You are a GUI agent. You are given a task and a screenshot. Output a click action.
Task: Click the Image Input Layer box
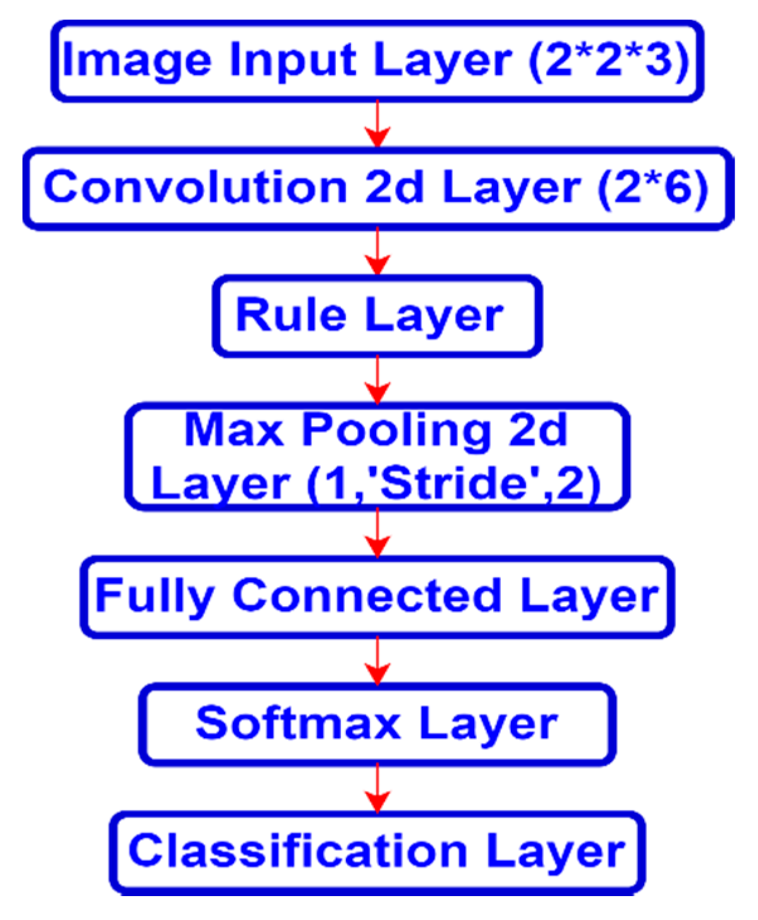click(x=377, y=61)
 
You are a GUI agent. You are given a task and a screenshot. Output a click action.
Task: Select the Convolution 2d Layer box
click(x=378, y=188)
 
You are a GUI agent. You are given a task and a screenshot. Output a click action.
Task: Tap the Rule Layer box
click(x=377, y=315)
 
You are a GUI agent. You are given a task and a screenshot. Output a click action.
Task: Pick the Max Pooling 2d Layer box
click(x=377, y=456)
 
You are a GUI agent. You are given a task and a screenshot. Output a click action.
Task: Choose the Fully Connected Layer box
click(x=377, y=597)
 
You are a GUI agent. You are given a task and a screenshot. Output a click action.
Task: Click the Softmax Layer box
click(x=377, y=724)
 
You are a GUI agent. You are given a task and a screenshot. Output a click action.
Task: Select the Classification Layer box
click(x=377, y=851)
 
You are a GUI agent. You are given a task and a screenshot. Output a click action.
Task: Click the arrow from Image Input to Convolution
click(x=377, y=124)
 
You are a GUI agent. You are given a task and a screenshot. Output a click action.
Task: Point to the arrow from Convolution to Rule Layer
click(x=377, y=252)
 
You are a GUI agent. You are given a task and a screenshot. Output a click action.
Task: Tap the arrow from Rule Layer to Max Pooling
click(x=377, y=380)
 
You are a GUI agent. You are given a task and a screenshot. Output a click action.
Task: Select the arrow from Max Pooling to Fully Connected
click(x=377, y=533)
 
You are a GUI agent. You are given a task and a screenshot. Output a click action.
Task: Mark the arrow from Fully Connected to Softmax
click(x=377, y=661)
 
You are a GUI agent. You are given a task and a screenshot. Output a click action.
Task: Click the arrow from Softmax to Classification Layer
click(x=377, y=788)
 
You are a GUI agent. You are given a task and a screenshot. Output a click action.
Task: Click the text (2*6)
click(x=652, y=188)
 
